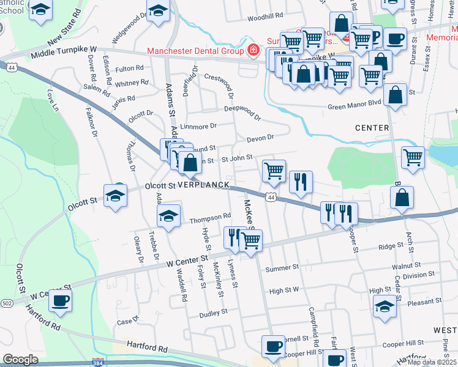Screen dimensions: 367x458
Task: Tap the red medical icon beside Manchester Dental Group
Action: pyautogui.click(x=252, y=50)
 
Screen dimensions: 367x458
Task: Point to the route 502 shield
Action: pyautogui.click(x=7, y=303)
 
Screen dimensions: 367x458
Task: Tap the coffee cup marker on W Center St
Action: pyautogui.click(x=60, y=301)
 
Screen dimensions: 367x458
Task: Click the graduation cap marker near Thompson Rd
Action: pyautogui.click(x=169, y=215)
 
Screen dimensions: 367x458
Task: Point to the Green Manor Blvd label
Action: pyautogui.click(x=355, y=106)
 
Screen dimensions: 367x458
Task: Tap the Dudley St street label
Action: pyautogui.click(x=213, y=311)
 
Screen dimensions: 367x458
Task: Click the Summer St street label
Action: pyautogui.click(x=282, y=267)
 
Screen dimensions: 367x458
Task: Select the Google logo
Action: pyautogui.click(x=20, y=360)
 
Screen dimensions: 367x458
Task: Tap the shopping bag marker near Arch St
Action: pyautogui.click(x=402, y=198)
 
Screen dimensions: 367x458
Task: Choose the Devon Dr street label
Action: pyautogui.click(x=260, y=138)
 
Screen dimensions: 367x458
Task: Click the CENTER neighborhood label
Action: pyautogui.click(x=372, y=128)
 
